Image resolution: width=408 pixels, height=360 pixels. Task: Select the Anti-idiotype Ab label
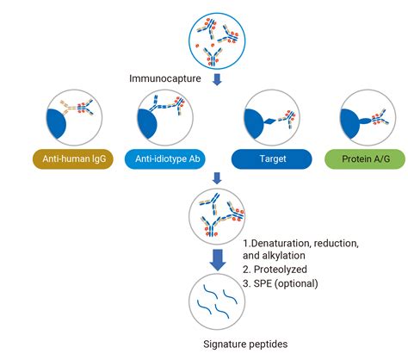(x=168, y=158)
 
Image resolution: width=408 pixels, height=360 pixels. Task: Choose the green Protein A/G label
(x=364, y=158)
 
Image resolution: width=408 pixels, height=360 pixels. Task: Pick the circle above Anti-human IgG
(x=72, y=117)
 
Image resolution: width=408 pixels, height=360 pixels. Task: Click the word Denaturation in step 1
(x=283, y=244)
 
